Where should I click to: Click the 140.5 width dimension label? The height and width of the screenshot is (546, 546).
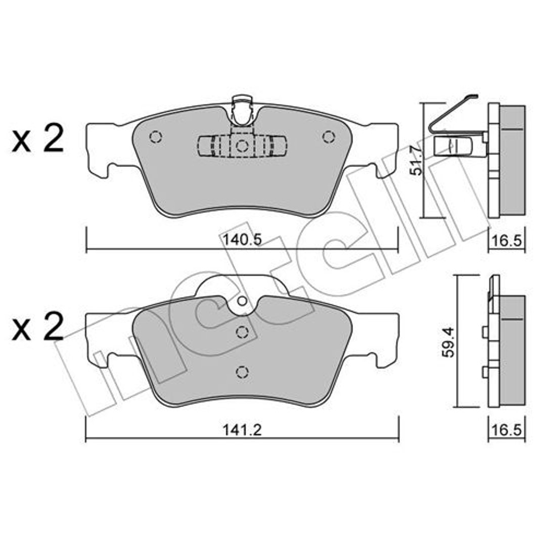pos(242,240)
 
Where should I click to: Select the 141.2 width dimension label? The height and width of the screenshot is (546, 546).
pos(242,430)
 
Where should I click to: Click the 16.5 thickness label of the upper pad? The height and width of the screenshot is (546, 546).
pos(506,241)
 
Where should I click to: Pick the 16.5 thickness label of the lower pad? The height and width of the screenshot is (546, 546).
pos(506,430)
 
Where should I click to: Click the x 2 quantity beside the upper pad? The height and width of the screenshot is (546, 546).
pos(37,140)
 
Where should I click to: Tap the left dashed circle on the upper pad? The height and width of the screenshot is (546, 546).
pos(155,136)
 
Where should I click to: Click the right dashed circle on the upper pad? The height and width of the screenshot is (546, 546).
pos(329,136)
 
